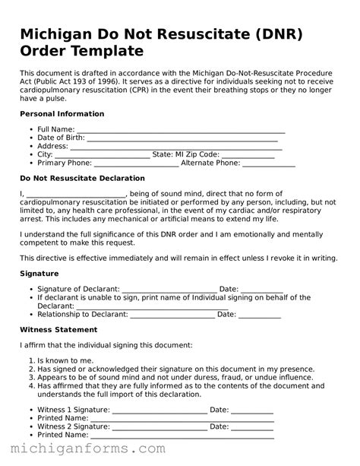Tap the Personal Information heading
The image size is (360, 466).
(62, 114)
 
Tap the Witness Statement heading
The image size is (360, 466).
(58, 330)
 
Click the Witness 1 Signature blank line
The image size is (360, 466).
(159, 411)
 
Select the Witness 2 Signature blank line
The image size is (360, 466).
(159, 427)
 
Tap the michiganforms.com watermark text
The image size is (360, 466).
(84, 450)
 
